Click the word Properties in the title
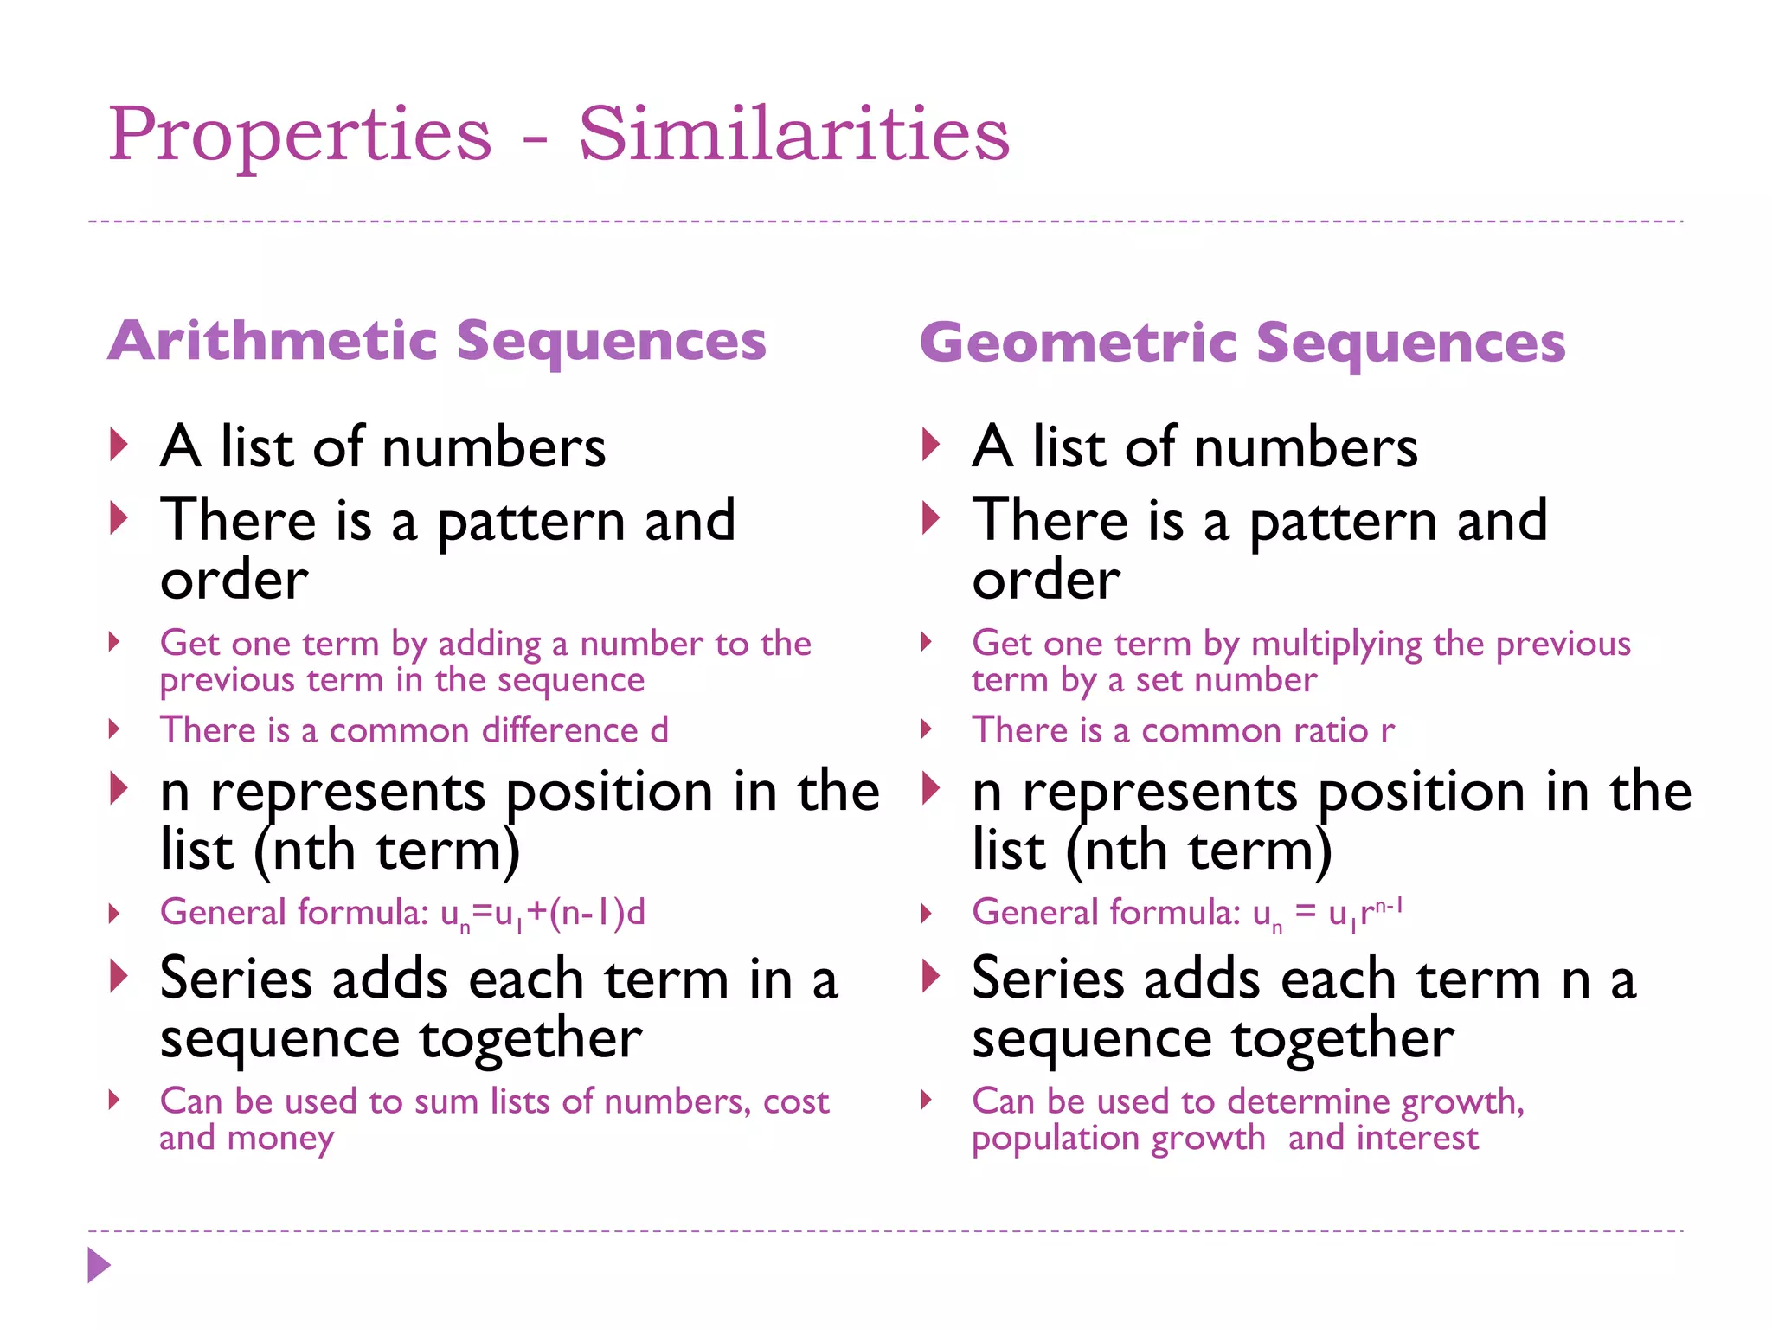tap(299, 134)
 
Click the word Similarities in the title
tap(793, 134)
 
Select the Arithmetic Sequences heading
tap(437, 341)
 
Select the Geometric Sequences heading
tap(1242, 343)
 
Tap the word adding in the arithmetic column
tap(490, 644)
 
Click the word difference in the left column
tap(560, 730)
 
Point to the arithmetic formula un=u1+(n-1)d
tap(543, 914)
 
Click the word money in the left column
tap(280, 1139)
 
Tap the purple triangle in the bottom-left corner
tap(99, 1265)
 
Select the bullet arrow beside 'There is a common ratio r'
tap(927, 729)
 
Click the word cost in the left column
tap(796, 1101)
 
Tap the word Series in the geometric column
tap(1048, 979)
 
